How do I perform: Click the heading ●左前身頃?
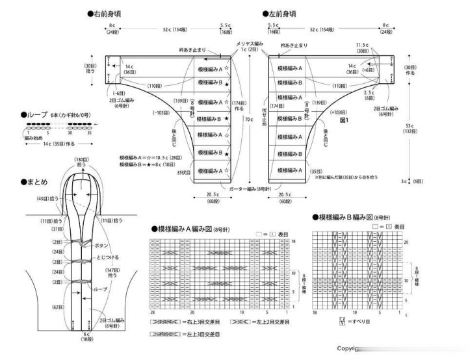coord(282,13)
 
